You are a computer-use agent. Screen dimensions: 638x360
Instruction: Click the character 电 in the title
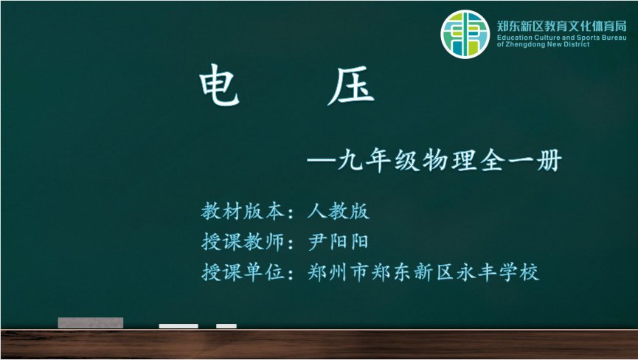[x=219, y=85]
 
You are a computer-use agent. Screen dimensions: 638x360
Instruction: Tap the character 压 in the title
[x=351, y=86]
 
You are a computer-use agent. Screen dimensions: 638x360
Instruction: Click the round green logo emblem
[x=465, y=34]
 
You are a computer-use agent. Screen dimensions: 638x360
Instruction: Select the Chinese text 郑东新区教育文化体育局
[x=561, y=27]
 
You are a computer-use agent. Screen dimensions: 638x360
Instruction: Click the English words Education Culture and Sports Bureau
[x=561, y=38]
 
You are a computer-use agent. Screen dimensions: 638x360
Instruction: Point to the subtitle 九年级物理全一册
[x=450, y=160]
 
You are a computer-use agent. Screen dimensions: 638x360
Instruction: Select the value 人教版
[x=339, y=211]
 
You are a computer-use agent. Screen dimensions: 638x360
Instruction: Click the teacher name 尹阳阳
[x=339, y=242]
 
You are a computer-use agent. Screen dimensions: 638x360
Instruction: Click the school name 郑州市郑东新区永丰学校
[x=423, y=272]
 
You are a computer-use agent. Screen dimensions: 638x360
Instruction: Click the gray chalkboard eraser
[x=90, y=322]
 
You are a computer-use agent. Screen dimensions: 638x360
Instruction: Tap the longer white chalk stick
[x=178, y=326]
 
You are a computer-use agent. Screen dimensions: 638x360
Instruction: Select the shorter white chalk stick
[x=226, y=326]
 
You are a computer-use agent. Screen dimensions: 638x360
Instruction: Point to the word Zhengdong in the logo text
[x=525, y=44]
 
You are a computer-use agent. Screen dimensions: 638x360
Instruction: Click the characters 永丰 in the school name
[x=476, y=272]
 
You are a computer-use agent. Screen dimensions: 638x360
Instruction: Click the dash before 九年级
[x=322, y=160]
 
